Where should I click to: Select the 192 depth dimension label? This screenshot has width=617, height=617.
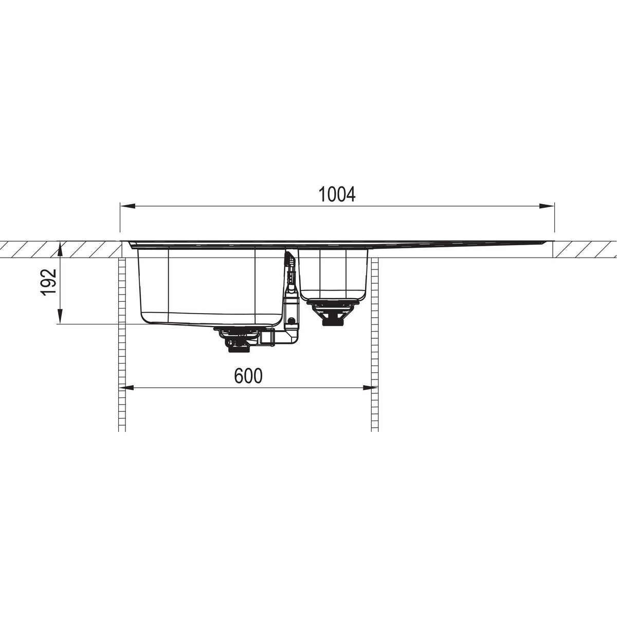tap(47, 282)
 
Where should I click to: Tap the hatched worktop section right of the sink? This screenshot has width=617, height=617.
tap(586, 249)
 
